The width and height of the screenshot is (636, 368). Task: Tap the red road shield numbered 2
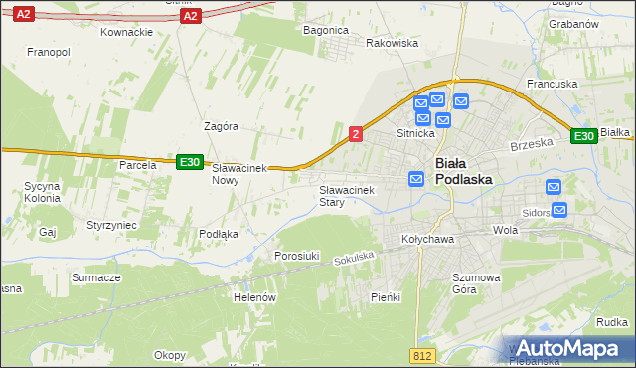pyautogui.click(x=356, y=133)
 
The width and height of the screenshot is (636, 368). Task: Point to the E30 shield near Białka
pyautogui.click(x=584, y=136)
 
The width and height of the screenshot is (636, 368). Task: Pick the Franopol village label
pyautogui.click(x=48, y=51)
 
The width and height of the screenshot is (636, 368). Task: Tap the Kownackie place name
pyautogui.click(x=126, y=32)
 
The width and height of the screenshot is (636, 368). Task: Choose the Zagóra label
pyautogui.click(x=221, y=127)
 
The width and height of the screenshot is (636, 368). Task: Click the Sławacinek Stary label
pyautogui.click(x=346, y=195)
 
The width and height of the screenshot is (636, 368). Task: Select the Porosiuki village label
pyautogui.click(x=296, y=256)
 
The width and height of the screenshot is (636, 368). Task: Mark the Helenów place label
pyautogui.click(x=253, y=296)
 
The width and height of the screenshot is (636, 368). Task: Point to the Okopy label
pyautogui.click(x=170, y=354)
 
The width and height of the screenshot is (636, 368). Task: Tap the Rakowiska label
pyautogui.click(x=393, y=44)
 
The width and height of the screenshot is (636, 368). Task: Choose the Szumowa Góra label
pyautogui.click(x=450, y=283)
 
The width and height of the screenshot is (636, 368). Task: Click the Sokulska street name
pyautogui.click(x=354, y=257)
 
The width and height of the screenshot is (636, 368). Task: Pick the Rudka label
pyautogui.click(x=611, y=322)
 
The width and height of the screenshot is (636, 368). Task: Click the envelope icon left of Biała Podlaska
pyautogui.click(x=416, y=178)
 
